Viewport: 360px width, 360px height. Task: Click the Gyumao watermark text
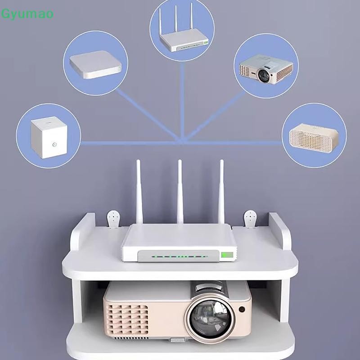point(27,14)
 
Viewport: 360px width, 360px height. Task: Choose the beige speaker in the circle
point(314,135)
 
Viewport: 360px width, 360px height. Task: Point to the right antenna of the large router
point(221,191)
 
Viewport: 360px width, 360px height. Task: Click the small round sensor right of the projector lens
point(243,310)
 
